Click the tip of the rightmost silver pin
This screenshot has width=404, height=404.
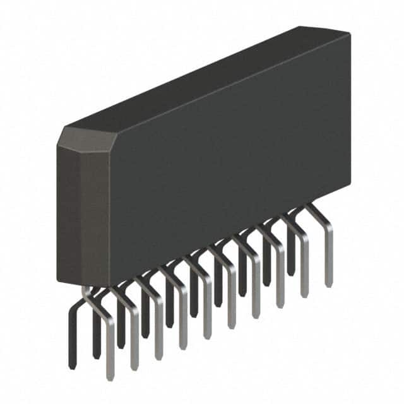328,285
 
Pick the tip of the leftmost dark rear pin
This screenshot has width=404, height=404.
73,366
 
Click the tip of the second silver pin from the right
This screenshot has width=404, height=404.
304,295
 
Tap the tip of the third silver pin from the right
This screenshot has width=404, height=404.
280,306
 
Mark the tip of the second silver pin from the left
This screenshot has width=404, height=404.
134,369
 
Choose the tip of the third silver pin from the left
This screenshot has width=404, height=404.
158,358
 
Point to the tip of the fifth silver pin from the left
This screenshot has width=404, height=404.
207,337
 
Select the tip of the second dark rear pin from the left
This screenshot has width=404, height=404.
97,357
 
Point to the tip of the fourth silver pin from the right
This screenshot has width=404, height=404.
256,316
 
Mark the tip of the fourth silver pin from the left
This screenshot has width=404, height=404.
183,347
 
